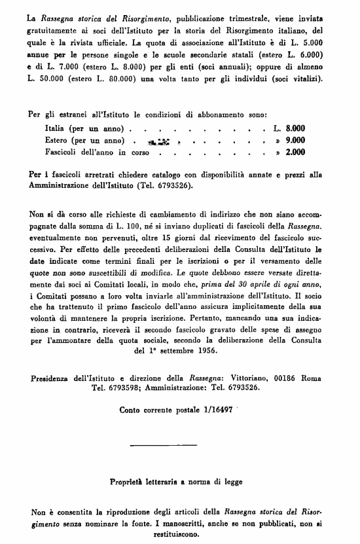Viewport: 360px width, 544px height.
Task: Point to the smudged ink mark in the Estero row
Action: tap(160, 140)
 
